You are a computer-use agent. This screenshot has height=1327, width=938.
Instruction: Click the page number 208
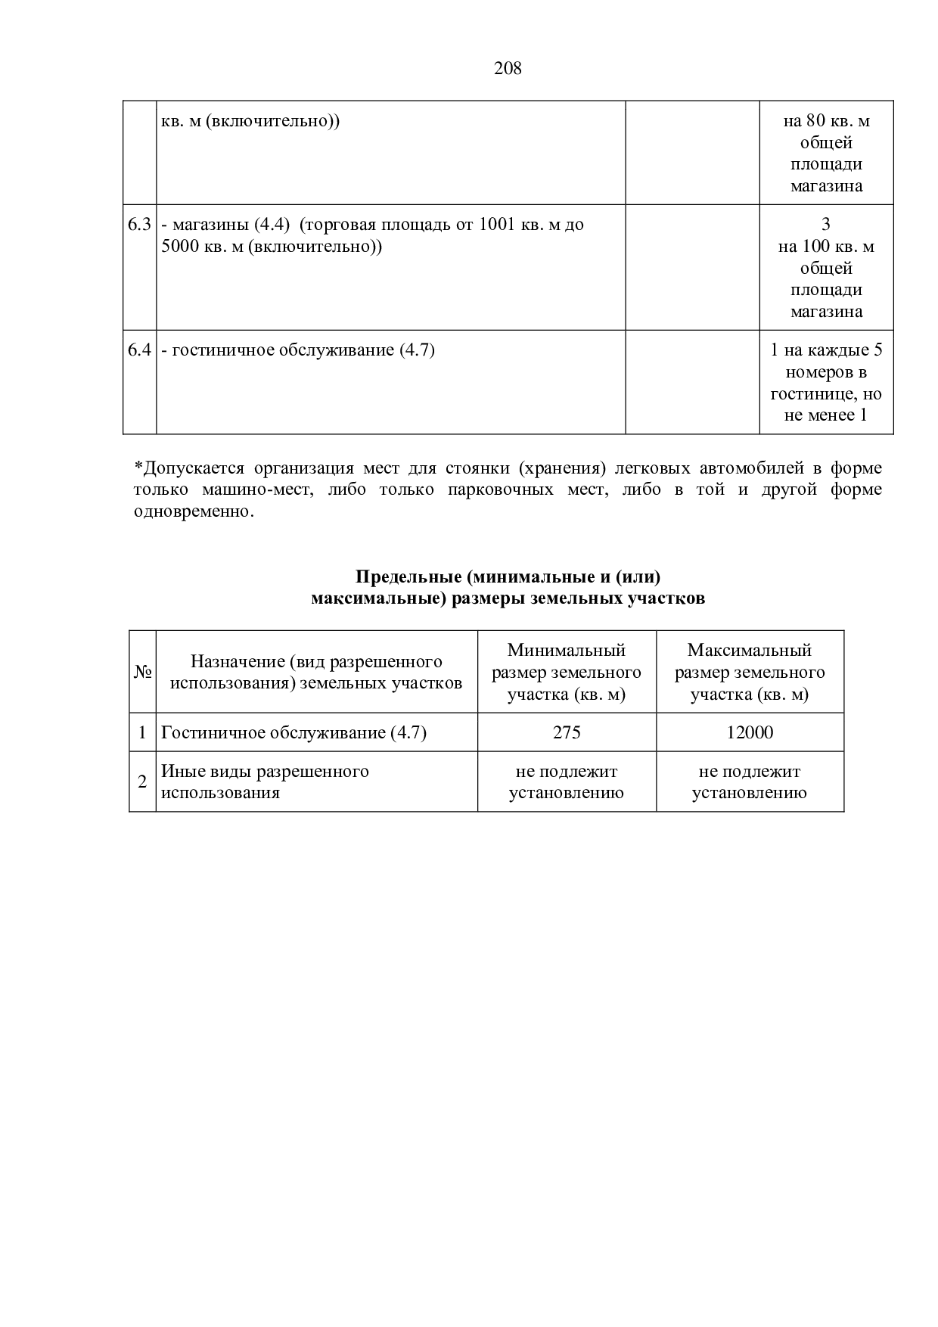coord(508,69)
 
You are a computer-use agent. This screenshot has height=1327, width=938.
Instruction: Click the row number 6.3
coord(139,225)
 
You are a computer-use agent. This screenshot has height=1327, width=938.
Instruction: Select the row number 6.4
coord(139,350)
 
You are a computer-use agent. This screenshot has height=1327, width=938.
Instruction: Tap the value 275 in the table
coord(567,732)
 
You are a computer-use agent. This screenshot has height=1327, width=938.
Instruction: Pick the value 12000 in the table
coord(750,732)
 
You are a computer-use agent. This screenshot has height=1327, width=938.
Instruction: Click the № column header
coord(142,672)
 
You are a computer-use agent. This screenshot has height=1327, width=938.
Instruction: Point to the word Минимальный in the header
coord(567,650)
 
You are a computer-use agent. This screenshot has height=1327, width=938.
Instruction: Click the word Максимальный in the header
coord(750,650)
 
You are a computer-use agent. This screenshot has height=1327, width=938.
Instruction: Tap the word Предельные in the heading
coord(408,577)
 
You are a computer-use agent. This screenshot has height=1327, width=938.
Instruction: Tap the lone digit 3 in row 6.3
coord(826,225)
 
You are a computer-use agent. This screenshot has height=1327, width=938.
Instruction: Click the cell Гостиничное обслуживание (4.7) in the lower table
coord(294,732)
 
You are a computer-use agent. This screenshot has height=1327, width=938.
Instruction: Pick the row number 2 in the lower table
coord(142,782)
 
